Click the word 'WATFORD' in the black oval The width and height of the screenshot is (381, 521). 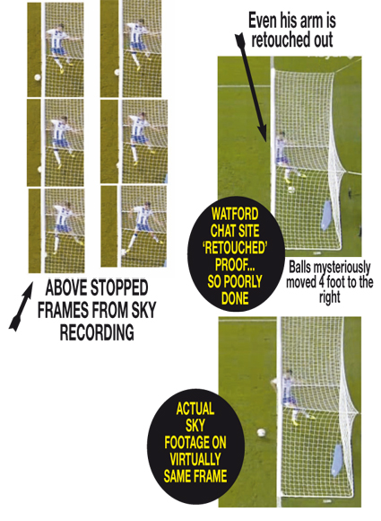tap(235, 214)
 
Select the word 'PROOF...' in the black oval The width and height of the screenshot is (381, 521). tap(235, 264)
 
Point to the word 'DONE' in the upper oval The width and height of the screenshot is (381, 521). tap(235, 298)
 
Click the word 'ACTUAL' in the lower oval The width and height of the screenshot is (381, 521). tap(195, 409)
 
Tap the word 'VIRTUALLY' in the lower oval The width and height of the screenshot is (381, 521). tap(195, 459)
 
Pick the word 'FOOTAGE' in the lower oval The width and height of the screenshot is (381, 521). tap(186, 442)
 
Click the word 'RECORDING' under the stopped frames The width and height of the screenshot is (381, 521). tap(97, 332)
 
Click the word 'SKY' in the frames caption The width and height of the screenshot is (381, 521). tap(143, 310)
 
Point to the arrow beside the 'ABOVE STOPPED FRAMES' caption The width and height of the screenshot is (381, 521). tap(21, 306)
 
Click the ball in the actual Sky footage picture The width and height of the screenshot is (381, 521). tap(261, 433)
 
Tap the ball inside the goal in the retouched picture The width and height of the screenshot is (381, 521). tap(291, 190)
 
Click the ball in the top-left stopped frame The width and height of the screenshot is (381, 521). tap(37, 77)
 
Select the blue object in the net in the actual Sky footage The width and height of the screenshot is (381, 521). tap(337, 460)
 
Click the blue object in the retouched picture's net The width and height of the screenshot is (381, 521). tap(325, 215)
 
